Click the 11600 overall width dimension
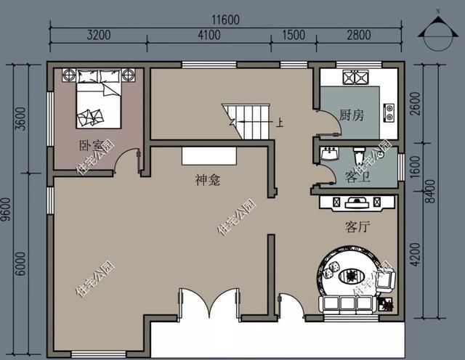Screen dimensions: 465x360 (225, 20)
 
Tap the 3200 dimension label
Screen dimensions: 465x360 (99, 35)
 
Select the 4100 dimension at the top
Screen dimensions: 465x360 (209, 35)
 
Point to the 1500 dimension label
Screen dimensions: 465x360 (294, 35)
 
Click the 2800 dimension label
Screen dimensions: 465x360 (359, 35)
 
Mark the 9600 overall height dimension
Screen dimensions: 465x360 (6, 210)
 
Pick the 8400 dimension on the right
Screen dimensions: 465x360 (430, 191)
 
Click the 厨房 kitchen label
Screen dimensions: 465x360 (352, 115)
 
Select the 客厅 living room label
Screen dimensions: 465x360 (357, 227)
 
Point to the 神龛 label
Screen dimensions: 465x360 (208, 180)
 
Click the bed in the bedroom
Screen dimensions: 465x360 (99, 99)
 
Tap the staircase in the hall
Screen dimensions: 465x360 (246, 121)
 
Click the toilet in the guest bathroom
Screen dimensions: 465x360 (358, 155)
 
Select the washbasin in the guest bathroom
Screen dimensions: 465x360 (330, 154)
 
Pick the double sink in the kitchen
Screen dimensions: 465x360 (355, 78)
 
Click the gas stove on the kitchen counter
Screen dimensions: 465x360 (389, 113)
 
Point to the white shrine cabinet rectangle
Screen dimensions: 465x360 (209, 156)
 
